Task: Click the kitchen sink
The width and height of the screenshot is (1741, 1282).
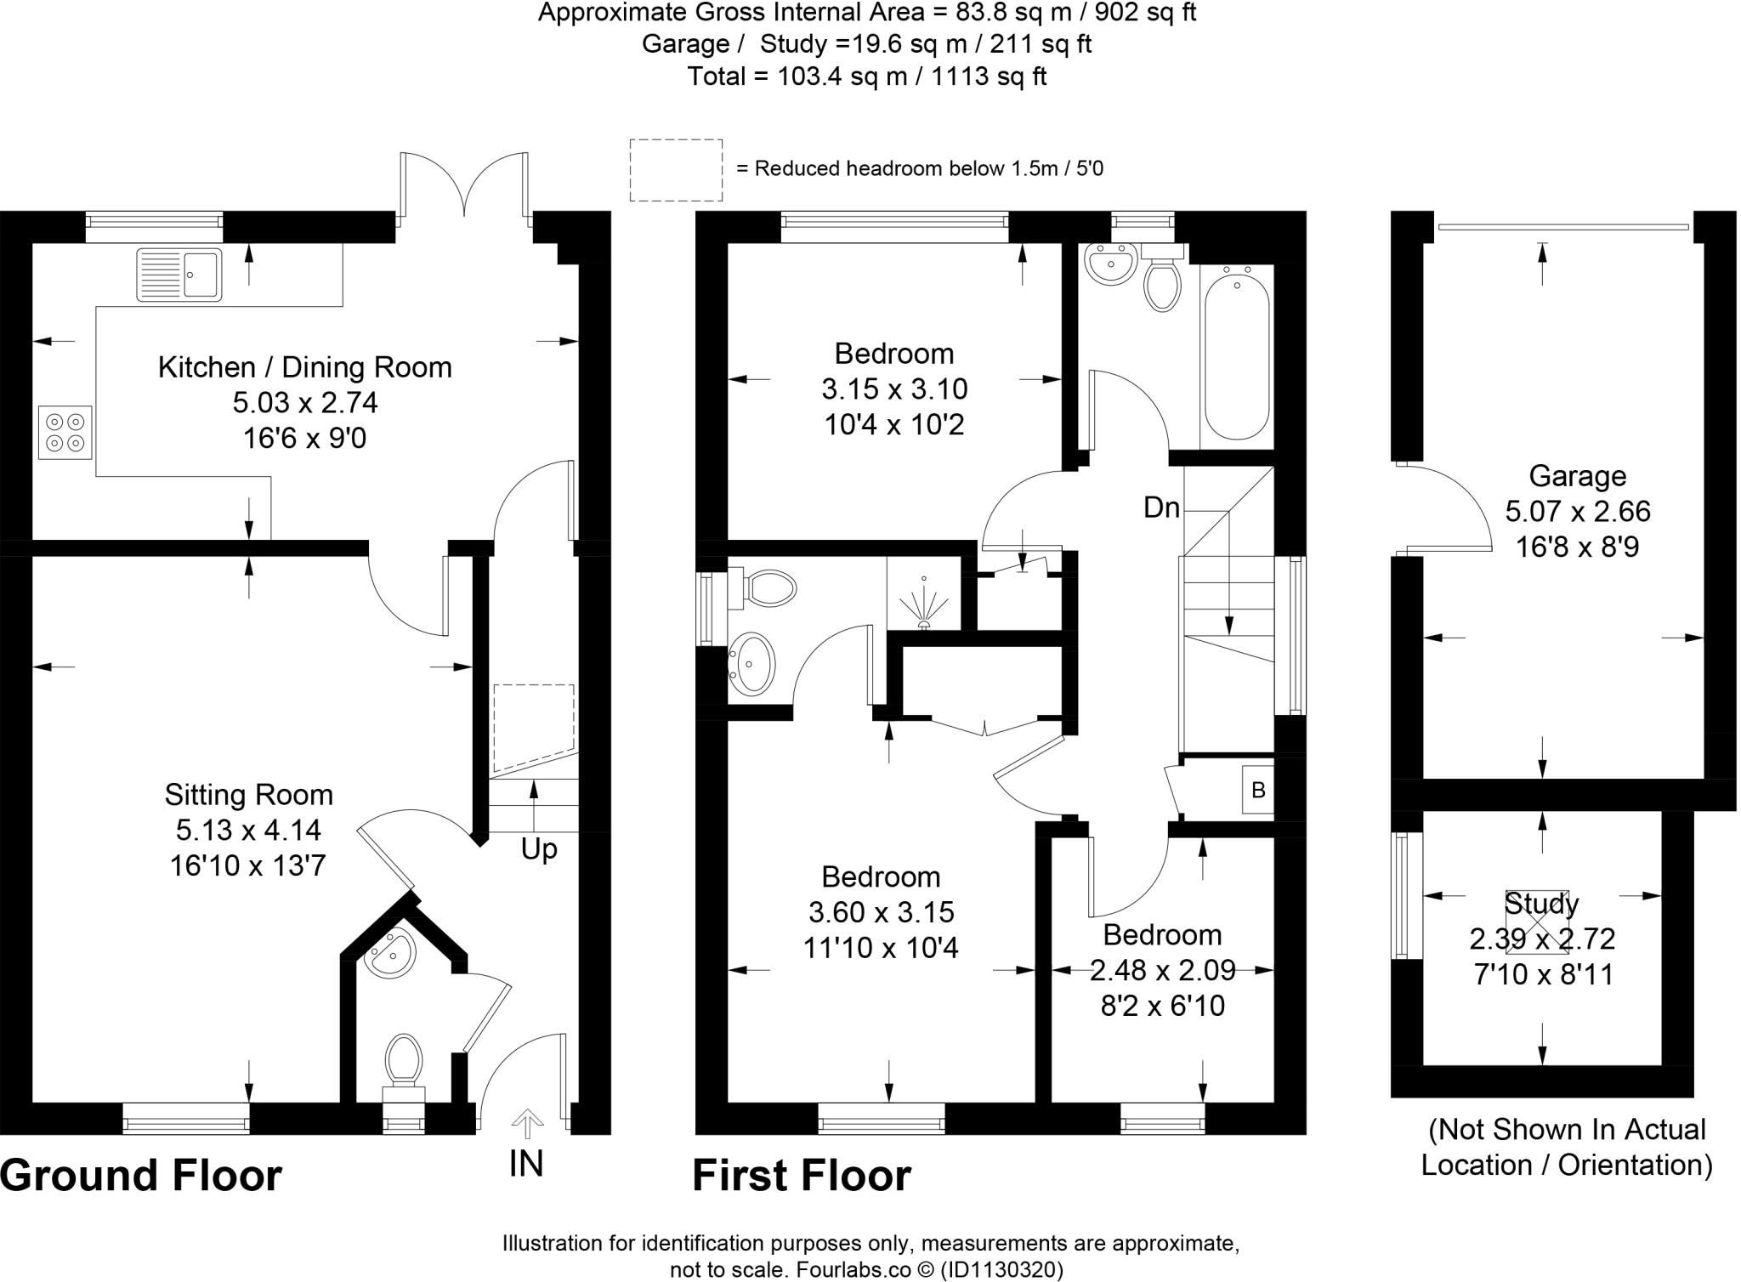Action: coord(179,274)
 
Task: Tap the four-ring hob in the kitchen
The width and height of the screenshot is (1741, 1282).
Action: coord(65,432)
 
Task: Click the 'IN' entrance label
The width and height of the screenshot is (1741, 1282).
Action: coord(526,1164)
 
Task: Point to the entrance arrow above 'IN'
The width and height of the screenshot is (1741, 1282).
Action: coord(527,1123)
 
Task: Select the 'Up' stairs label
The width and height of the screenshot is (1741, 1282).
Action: coord(539,849)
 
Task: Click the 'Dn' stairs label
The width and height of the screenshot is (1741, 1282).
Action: coord(1161,508)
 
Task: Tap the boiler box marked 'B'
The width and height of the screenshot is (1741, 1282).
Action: coord(1258,790)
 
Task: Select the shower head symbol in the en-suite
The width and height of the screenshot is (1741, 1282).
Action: coord(924,602)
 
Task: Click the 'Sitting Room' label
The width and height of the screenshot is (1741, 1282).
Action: coord(248,795)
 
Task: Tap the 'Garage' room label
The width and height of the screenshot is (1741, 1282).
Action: coord(1577,476)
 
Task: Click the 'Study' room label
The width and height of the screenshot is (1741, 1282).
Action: coord(1541,904)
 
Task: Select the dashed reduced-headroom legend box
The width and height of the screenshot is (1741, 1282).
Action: coord(676,170)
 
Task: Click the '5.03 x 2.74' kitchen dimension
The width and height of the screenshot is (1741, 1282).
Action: coord(305,402)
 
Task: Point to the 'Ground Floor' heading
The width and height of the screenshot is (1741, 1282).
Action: coord(141,1177)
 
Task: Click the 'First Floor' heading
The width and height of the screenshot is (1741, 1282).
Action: coord(802,1177)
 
